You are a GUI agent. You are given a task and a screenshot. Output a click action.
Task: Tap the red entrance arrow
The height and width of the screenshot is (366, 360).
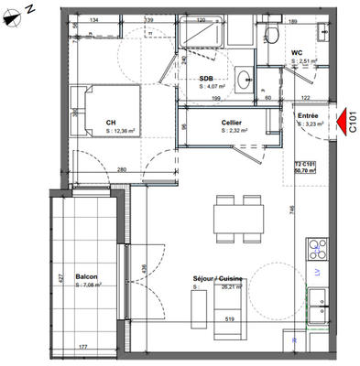click(343, 118)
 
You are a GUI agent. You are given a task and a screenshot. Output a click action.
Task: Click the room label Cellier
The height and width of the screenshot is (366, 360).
click(231, 122)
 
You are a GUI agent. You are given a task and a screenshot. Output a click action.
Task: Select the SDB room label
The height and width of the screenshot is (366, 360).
click(206, 79)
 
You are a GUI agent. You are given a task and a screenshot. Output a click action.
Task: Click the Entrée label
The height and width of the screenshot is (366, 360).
click(307, 117)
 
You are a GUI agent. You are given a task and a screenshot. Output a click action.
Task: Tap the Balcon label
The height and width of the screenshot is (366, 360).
click(87, 277)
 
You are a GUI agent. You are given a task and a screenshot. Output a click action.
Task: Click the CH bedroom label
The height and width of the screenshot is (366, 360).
click(110, 123)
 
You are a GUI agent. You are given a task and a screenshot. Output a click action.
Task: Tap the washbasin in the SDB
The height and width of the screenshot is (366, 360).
click(245, 81)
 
